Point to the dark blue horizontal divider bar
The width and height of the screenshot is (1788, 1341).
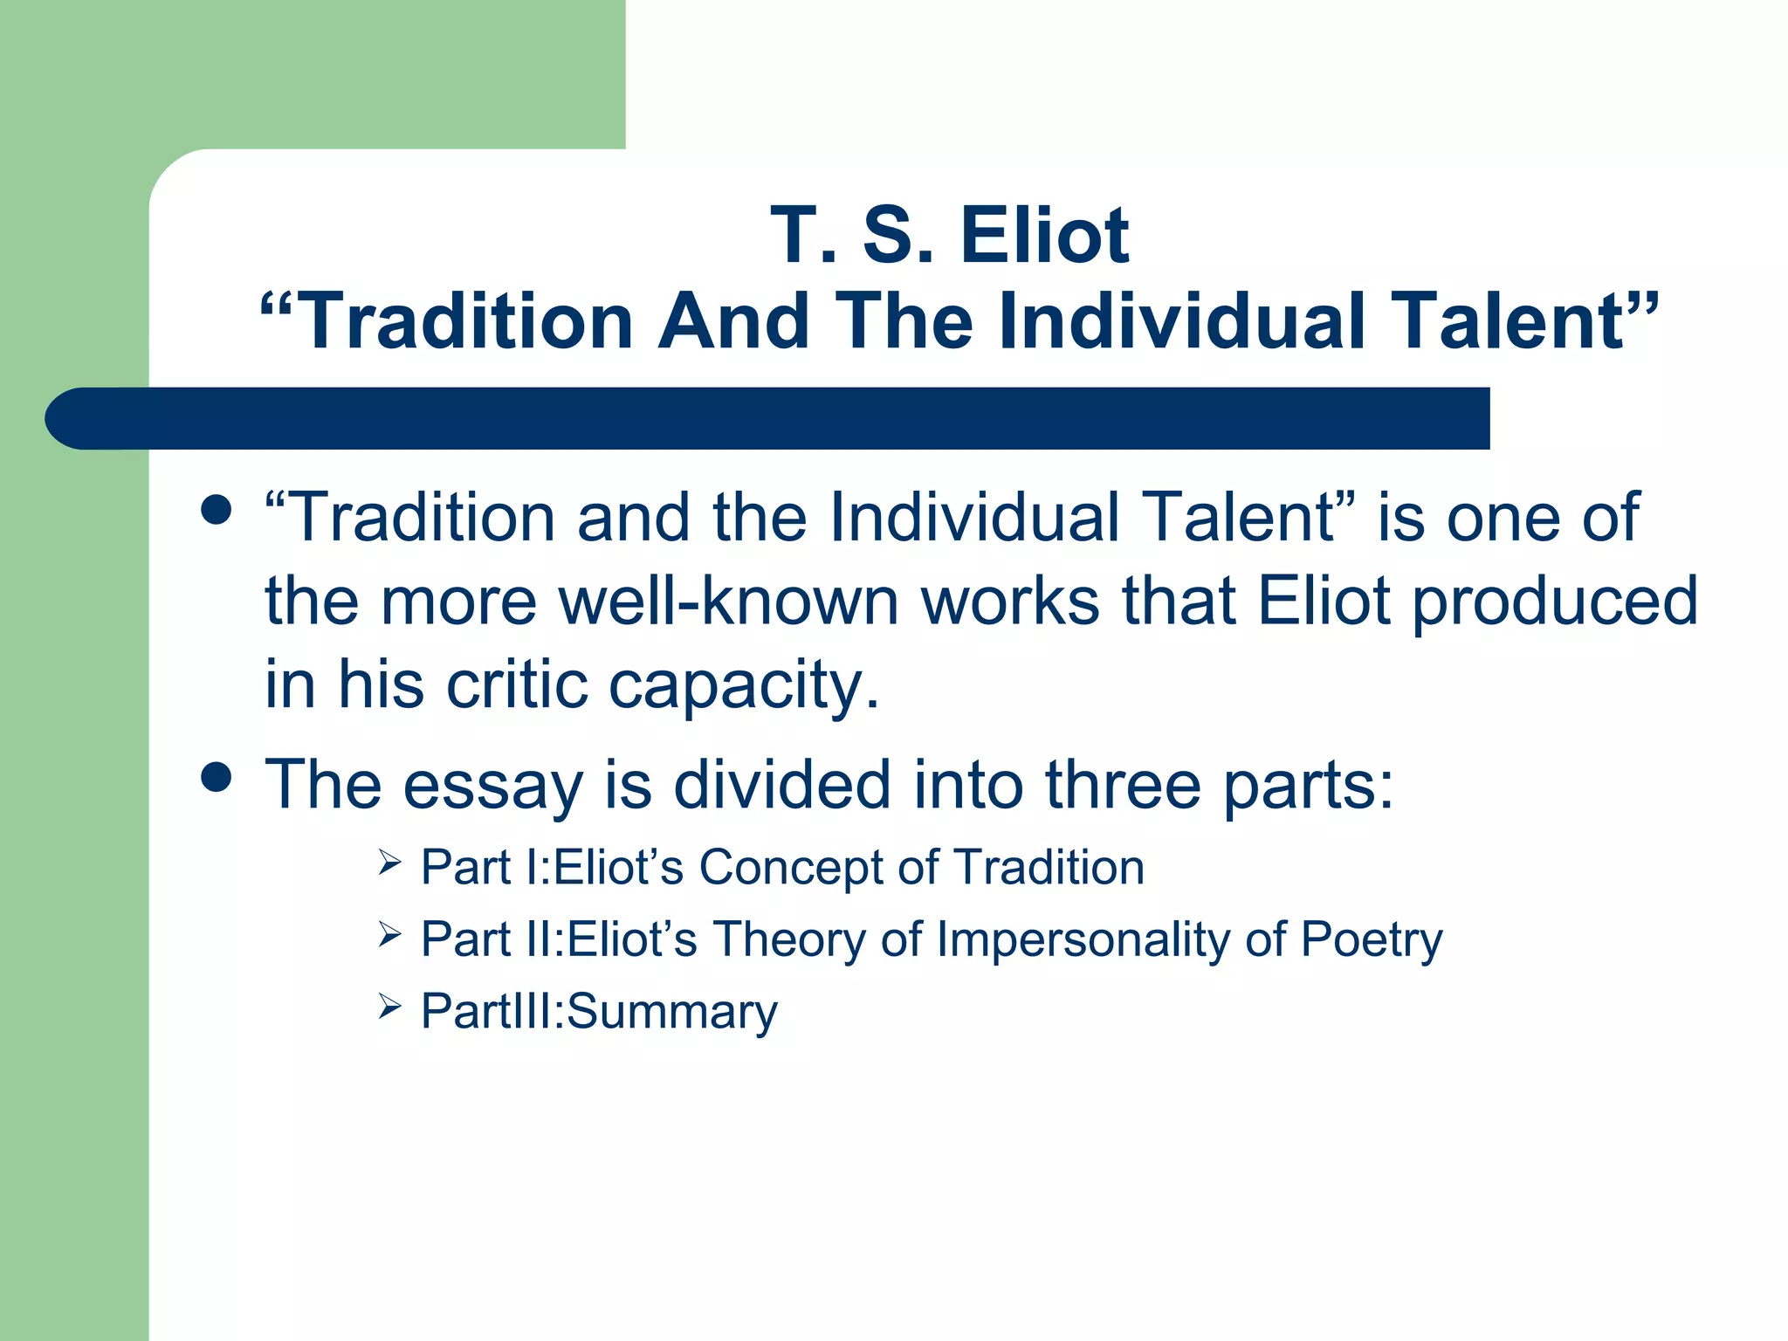tap(768, 418)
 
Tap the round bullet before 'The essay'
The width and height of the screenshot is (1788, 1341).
tap(216, 776)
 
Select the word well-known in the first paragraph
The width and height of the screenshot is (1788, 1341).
tap(728, 602)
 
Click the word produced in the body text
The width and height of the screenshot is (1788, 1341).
tap(1554, 602)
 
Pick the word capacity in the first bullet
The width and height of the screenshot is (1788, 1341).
tap(742, 685)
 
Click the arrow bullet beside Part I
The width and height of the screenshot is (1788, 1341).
tap(389, 863)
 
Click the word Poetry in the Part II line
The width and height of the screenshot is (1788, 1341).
tap(1371, 940)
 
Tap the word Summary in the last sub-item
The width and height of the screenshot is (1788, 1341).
tap(671, 1012)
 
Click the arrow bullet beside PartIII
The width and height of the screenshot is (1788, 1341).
tap(389, 1007)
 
